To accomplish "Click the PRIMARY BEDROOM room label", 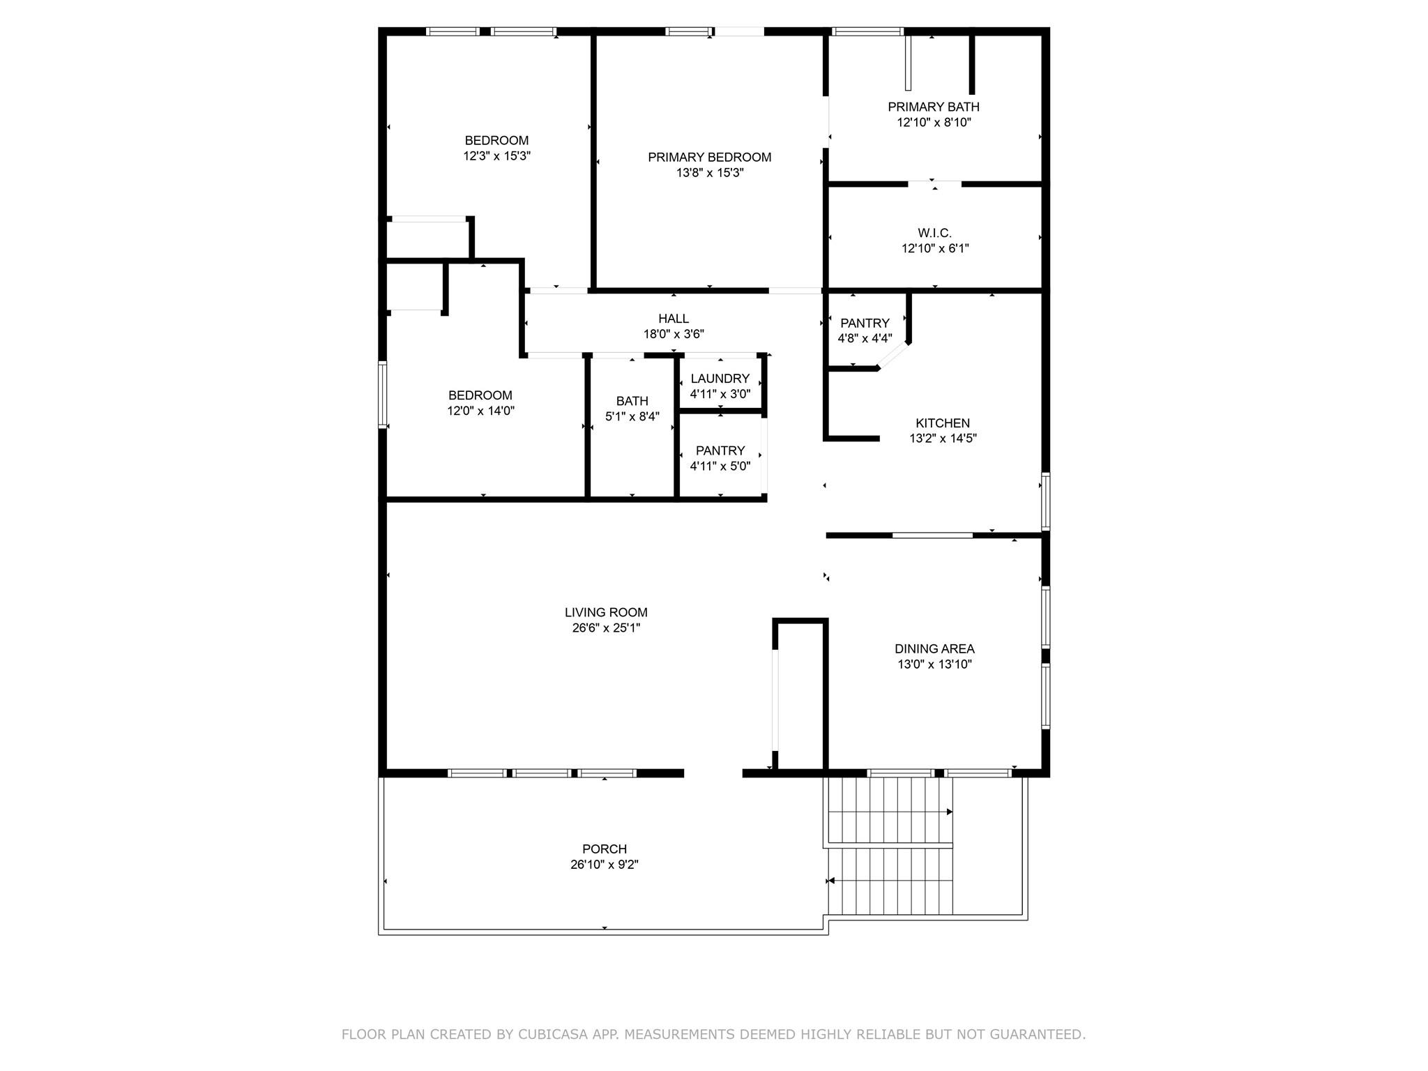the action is point(709,158).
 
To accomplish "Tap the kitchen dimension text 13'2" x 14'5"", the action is point(943,439).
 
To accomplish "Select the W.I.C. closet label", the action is point(934,233).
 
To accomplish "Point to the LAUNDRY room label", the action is point(720,379).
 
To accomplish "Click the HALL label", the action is point(674,319).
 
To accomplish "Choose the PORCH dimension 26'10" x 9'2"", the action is point(605,865).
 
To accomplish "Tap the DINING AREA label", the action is point(934,649).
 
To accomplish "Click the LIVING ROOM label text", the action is point(606,612).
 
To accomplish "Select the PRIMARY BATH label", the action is point(934,107).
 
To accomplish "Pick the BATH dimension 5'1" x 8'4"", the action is point(632,416).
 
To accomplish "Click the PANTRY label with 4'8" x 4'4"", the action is point(865,323).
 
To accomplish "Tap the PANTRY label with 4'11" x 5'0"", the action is point(720,450).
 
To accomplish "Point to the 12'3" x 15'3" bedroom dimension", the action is point(497,156).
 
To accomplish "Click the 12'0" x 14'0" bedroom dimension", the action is point(480,411).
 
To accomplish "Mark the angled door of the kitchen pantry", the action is point(893,356).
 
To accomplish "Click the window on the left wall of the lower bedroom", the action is point(382,394).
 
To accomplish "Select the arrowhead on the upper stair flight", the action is point(950,812).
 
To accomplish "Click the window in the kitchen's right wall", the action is point(1045,501).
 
